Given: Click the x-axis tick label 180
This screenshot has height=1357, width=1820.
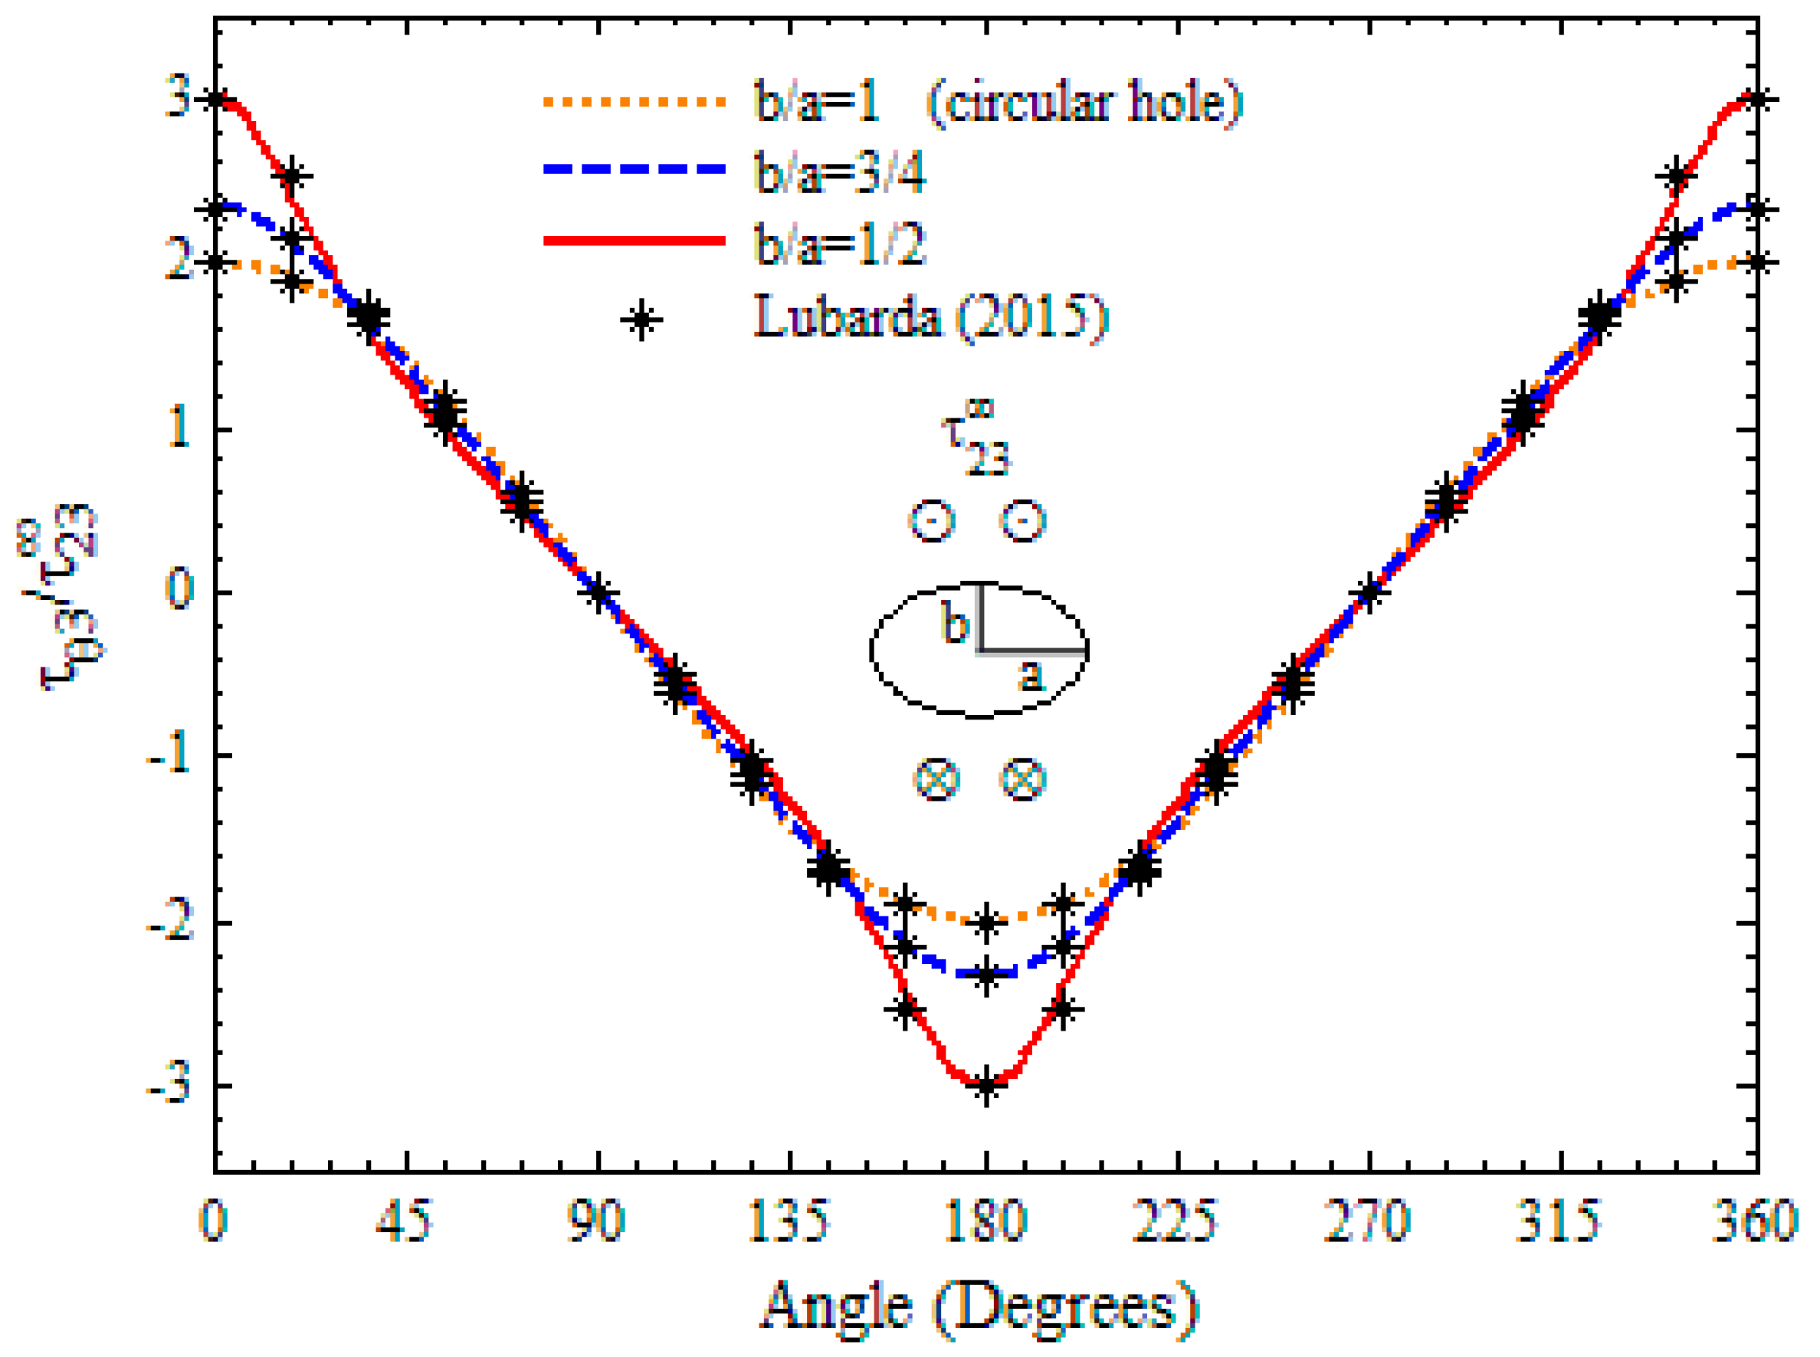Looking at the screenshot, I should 985,1221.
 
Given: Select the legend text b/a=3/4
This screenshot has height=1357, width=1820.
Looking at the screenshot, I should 839,172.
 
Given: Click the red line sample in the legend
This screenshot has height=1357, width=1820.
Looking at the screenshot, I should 634,241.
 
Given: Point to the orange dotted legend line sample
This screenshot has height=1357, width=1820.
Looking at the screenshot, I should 634,102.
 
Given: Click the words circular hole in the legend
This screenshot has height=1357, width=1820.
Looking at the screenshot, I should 1084,102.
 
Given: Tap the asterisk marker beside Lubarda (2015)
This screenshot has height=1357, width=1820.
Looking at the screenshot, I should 641,320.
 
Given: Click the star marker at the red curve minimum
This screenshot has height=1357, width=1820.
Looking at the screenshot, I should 985,1085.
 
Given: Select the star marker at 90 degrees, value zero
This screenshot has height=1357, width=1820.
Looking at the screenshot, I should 598,592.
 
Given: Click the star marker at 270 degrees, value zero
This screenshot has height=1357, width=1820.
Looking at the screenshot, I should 1369,592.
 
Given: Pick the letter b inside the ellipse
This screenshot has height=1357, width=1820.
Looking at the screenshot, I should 954,624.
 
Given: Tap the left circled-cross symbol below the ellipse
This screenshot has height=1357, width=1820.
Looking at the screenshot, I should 936,778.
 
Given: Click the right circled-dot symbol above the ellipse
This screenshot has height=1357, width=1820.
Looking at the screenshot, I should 1022,521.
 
